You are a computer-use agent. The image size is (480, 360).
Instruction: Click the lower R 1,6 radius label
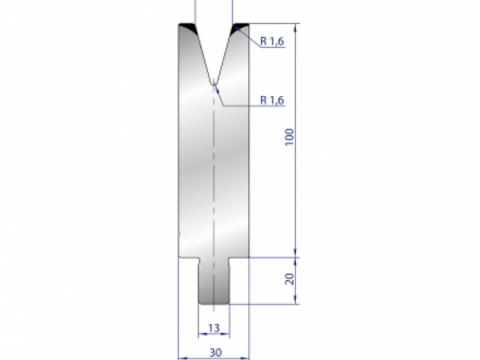click(274, 100)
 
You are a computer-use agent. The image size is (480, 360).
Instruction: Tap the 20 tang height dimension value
click(290, 279)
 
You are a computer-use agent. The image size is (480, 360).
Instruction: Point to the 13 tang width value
click(214, 328)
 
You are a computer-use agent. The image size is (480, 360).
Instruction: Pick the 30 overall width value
click(214, 351)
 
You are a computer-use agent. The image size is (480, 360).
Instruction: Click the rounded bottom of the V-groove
click(214, 82)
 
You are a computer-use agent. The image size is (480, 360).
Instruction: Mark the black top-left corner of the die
click(186, 29)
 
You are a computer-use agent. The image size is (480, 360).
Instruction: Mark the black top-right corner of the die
click(240, 29)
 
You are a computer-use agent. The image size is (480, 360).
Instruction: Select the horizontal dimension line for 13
click(214, 335)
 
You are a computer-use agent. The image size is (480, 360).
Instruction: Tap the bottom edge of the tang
click(214, 306)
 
